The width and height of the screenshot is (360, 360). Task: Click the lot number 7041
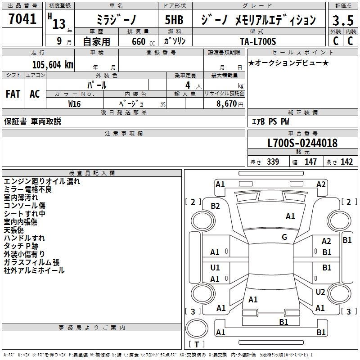click(22, 19)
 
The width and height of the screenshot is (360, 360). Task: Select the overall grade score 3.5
click(343, 20)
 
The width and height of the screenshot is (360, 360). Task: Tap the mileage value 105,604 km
click(53, 65)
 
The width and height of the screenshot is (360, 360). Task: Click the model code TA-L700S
click(258, 41)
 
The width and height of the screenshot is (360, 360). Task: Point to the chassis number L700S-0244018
click(302, 143)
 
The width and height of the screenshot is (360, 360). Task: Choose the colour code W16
click(74, 104)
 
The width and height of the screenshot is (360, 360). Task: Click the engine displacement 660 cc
click(143, 42)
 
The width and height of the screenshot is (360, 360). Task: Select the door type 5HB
click(174, 20)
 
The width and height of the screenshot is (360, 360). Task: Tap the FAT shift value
click(13, 94)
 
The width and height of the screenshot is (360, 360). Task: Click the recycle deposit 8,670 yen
click(229, 104)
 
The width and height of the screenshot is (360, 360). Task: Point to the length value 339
click(273, 162)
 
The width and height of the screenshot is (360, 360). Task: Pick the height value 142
click(346, 162)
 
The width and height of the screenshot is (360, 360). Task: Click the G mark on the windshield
click(284, 237)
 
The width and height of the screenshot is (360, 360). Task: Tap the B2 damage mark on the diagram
click(216, 206)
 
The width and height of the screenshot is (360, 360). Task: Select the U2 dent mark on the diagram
click(320, 292)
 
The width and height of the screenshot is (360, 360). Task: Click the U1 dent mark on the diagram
click(215, 268)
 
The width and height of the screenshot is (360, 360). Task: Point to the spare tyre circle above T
click(197, 328)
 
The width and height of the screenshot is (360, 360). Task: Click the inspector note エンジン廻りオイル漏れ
click(42, 181)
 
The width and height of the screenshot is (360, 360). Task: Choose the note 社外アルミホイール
click(34, 270)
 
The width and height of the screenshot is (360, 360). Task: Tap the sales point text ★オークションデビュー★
click(288, 63)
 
